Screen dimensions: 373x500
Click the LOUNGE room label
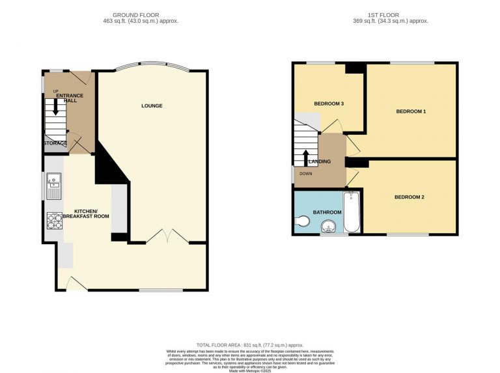pyautogui.click(x=152, y=105)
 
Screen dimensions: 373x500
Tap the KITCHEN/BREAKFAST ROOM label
pyautogui.click(x=90, y=214)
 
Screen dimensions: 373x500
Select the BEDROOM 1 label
pyautogui.click(x=411, y=111)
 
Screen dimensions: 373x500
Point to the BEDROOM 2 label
pyautogui.click(x=410, y=196)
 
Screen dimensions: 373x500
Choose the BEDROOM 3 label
pyautogui.click(x=329, y=104)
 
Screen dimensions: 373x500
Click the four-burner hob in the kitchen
pyautogui.click(x=53, y=221)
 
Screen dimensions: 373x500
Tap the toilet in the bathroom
pyautogui.click(x=302, y=222)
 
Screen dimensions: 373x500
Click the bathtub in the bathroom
pyautogui.click(x=352, y=212)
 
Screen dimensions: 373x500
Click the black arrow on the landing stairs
pyautogui.click(x=306, y=157)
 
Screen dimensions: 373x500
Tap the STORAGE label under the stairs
pyautogui.click(x=55, y=143)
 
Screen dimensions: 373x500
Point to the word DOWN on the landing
pyautogui.click(x=306, y=174)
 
